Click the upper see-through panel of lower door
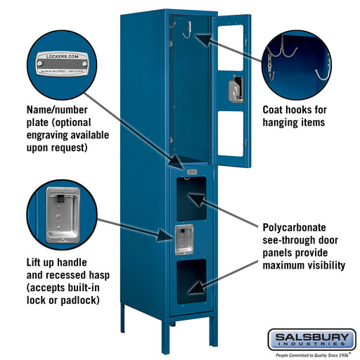coord(192,198)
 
